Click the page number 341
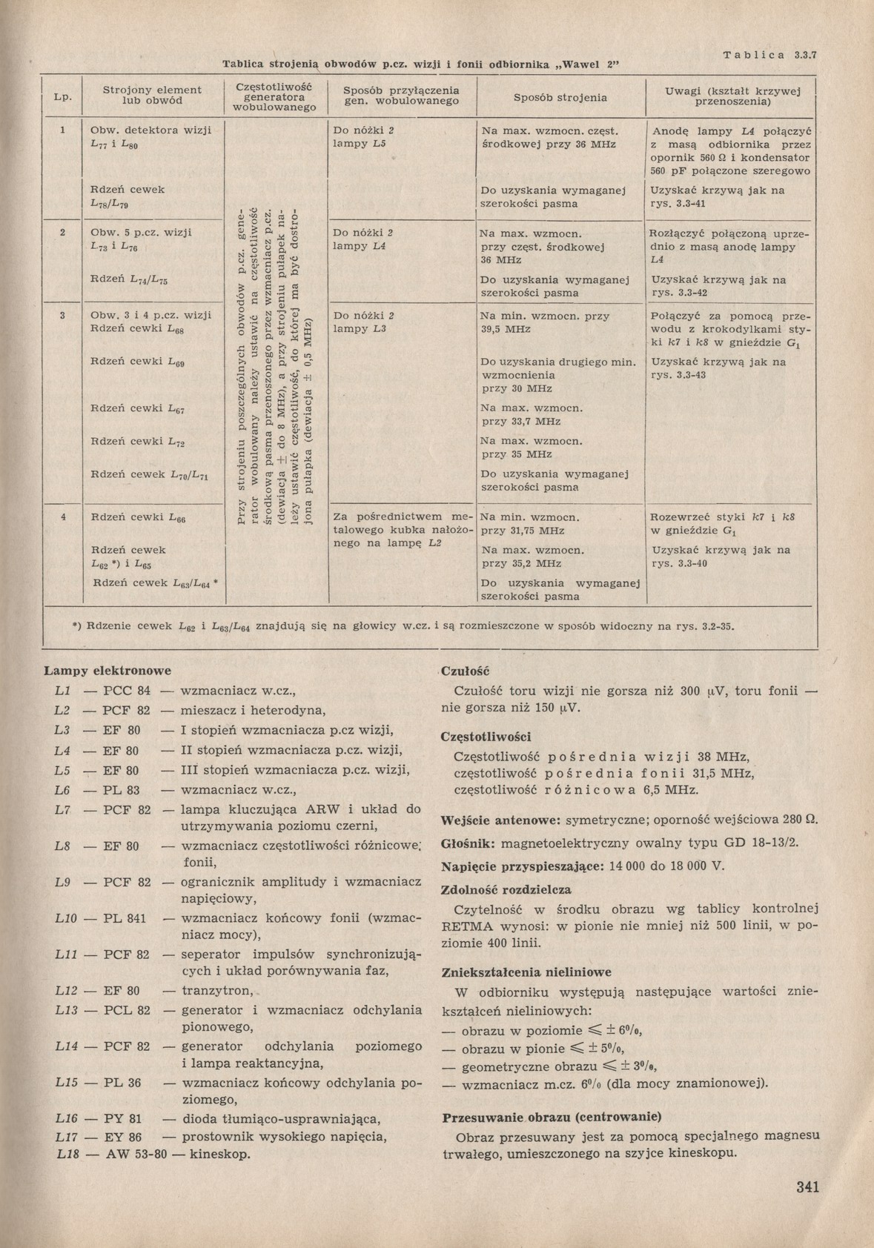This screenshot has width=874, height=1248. point(807,1186)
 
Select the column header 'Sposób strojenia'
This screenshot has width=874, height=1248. point(560,97)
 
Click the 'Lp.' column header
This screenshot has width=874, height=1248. point(63,98)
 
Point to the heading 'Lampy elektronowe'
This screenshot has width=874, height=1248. point(107,671)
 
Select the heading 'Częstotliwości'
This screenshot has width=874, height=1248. point(486,737)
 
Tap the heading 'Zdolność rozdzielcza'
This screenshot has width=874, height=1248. point(506,889)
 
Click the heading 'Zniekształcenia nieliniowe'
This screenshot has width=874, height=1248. point(526,972)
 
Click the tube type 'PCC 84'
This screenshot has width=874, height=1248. point(127,691)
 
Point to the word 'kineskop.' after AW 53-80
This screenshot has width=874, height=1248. point(220,1155)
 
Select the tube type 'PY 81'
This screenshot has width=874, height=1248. point(122,1118)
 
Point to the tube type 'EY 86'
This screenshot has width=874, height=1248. point(123,1136)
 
